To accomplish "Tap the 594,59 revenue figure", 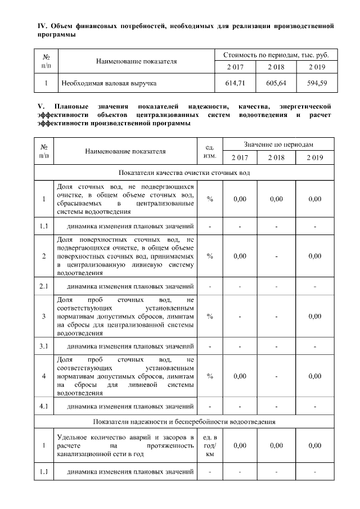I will (x=318, y=84).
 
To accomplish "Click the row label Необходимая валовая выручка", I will (x=109, y=84).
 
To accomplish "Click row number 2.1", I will (x=44, y=287).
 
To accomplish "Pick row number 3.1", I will (x=44, y=345).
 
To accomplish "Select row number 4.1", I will (x=44, y=405).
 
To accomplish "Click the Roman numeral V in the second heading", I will (x=40, y=106).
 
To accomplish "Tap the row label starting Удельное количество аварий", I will (x=125, y=445).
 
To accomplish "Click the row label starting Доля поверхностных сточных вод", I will (x=125, y=256).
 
